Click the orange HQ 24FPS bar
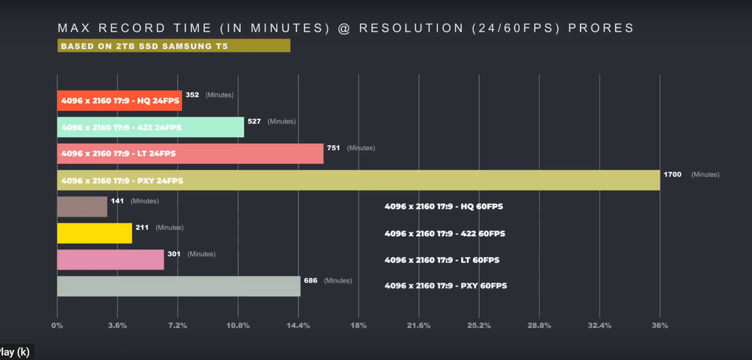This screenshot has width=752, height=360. point(119,100)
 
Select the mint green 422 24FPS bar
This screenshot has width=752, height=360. point(151,127)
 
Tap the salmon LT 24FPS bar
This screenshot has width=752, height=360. point(190,153)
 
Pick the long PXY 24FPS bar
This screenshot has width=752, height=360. point(358,180)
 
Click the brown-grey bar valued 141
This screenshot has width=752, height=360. point(82,206)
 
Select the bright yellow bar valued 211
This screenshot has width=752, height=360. point(95,233)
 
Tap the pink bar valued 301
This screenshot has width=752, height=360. point(110,260)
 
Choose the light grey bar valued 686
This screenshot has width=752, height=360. point(179,286)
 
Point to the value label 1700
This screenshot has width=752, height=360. point(673,174)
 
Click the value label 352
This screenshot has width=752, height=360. point(192,95)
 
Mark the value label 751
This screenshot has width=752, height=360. point(333,148)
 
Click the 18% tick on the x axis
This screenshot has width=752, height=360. point(358,325)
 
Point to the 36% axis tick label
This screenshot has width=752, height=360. point(660,325)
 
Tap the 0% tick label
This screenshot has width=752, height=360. point(57,325)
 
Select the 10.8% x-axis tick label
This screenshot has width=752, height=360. point(238,325)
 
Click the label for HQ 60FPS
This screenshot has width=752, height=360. point(444,206)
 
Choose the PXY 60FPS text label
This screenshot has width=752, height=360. point(446,286)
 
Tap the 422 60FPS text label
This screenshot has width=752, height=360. point(445,234)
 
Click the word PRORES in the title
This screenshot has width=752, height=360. point(601,28)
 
